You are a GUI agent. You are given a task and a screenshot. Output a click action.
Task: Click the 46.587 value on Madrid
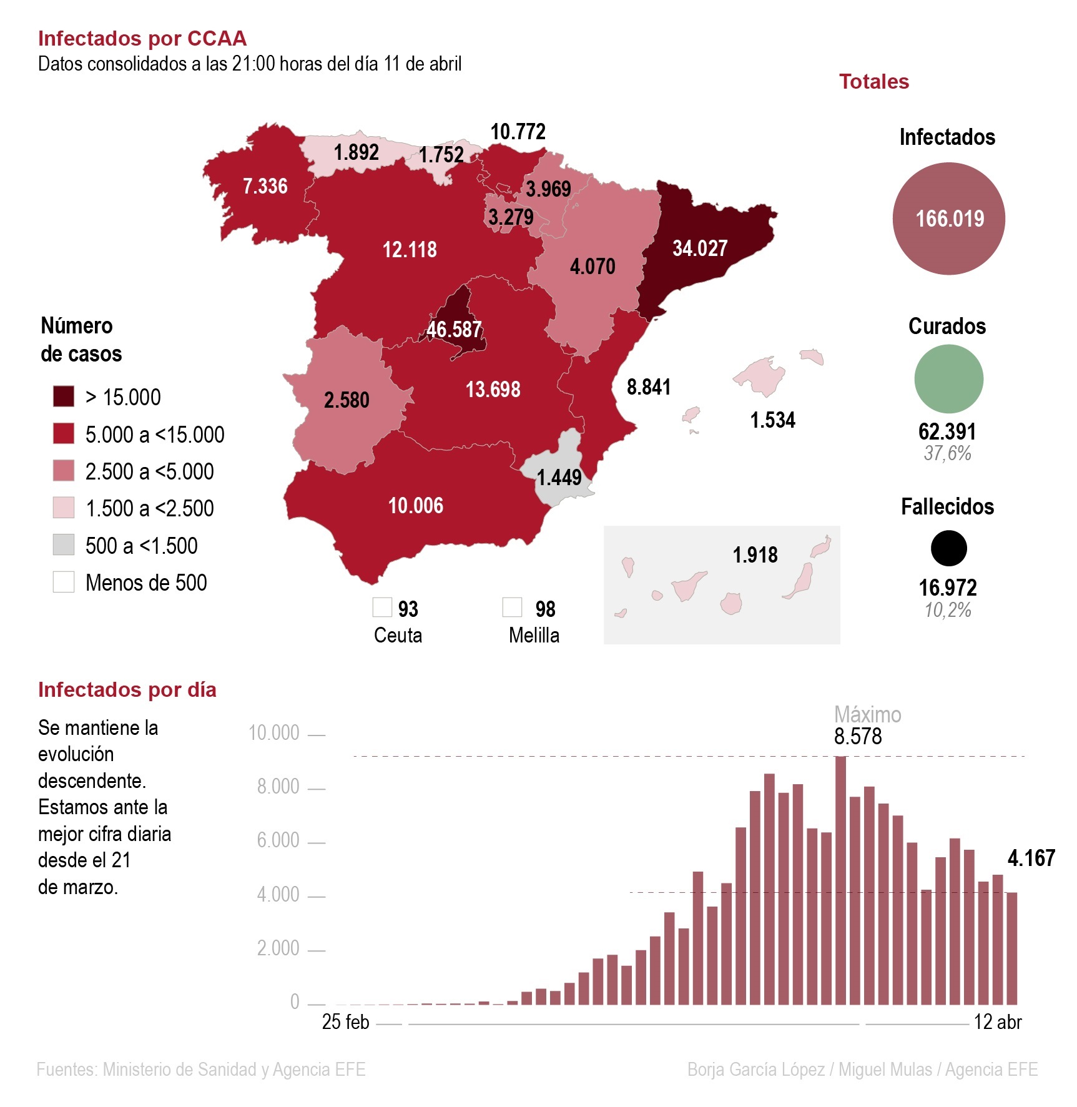click(x=454, y=329)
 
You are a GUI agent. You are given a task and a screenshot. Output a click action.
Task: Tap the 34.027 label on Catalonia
click(x=700, y=248)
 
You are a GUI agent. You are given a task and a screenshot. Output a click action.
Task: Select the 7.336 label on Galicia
click(x=265, y=186)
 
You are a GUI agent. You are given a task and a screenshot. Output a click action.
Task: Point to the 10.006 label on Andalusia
click(x=416, y=505)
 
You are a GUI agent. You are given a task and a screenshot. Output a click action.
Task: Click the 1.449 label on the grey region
click(x=559, y=478)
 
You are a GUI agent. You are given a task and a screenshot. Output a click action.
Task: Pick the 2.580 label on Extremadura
click(x=347, y=400)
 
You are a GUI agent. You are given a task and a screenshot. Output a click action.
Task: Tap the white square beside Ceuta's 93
click(x=382, y=607)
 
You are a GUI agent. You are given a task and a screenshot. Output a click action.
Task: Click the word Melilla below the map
click(x=534, y=635)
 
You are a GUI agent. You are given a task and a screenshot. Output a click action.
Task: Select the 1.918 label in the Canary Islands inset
click(x=755, y=554)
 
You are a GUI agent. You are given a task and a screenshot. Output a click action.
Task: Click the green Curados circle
click(x=948, y=379)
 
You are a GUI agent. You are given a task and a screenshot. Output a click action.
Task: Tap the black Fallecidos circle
click(x=948, y=548)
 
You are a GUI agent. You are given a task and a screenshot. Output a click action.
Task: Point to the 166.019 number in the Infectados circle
click(x=950, y=219)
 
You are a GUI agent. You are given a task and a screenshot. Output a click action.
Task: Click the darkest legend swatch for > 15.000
click(x=64, y=396)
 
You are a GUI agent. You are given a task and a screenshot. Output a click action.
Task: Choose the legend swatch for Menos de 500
click(x=64, y=582)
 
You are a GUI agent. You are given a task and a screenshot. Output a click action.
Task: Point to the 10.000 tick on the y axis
click(x=274, y=732)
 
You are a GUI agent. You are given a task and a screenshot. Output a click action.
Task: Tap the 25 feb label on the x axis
click(x=345, y=1022)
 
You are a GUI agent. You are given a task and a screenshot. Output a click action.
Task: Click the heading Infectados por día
click(x=127, y=690)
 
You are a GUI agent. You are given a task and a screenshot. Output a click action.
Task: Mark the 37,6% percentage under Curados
click(x=948, y=453)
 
